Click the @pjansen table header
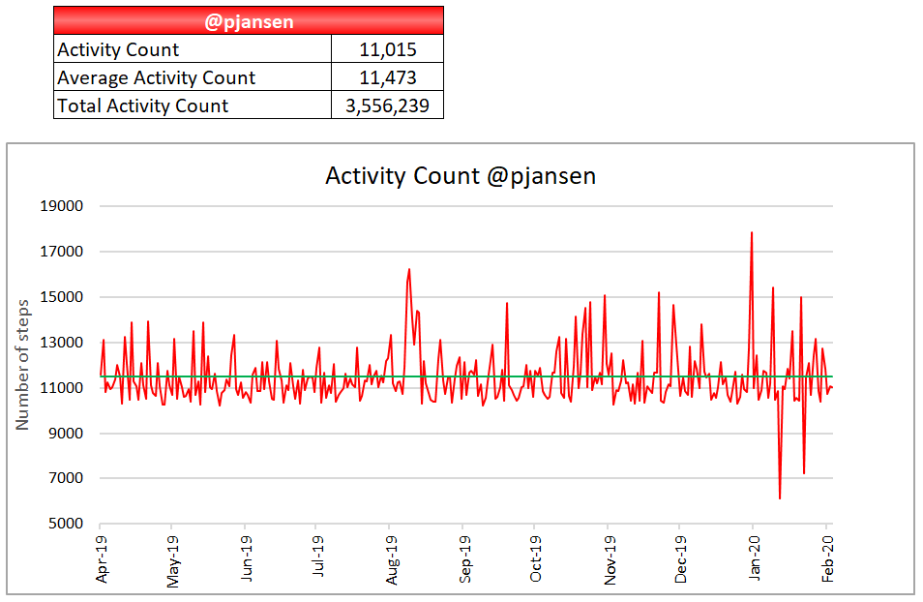[249, 21]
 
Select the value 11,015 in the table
[387, 50]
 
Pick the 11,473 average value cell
[387, 78]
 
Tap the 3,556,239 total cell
[387, 105]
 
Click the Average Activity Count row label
[156, 78]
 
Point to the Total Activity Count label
[142, 105]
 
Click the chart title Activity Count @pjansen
[461, 175]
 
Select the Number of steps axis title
[23, 364]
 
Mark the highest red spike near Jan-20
[752, 233]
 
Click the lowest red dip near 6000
[780, 497]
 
